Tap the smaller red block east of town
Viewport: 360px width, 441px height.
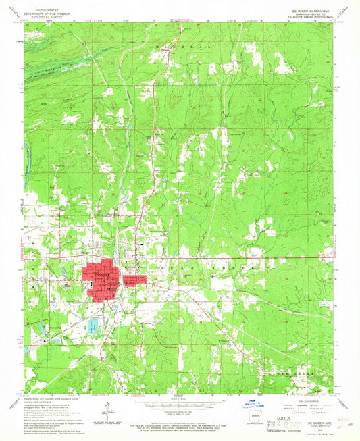(134, 279)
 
